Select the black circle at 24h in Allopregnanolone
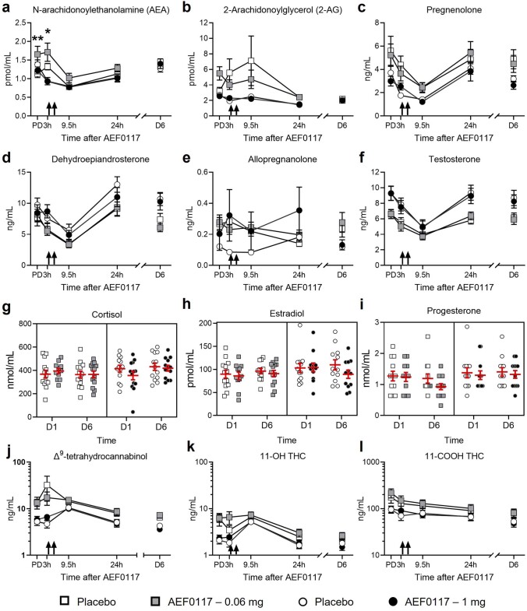click(x=299, y=210)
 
